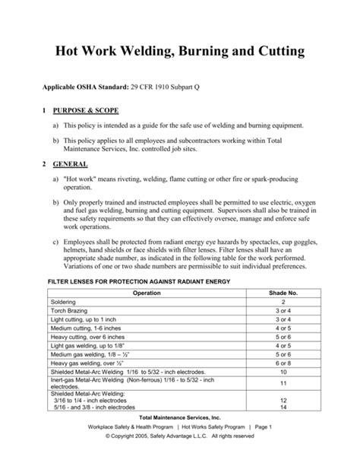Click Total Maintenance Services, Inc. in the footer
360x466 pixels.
180,418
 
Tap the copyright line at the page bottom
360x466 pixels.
180,437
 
